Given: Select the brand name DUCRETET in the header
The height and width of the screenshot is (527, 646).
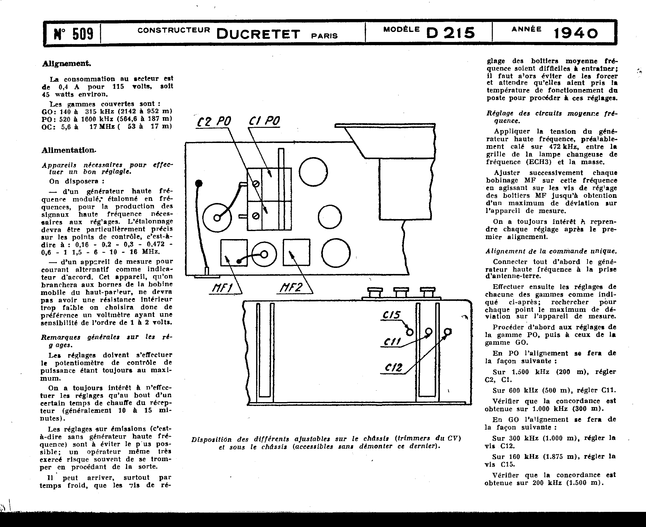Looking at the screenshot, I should (258, 34).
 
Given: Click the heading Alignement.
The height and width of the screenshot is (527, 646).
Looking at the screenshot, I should (67, 64).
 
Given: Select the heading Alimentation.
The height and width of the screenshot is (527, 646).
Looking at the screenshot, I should (69, 150).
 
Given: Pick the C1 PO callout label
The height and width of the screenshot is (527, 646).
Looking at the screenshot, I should (264, 121).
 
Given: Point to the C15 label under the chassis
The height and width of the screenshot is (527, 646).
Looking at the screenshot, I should (392, 315).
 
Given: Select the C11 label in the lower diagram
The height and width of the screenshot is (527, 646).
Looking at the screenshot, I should (392, 342).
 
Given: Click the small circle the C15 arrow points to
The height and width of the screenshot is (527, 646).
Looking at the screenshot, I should (410, 332).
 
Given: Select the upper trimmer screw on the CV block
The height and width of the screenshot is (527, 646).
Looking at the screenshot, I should (256, 184).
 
